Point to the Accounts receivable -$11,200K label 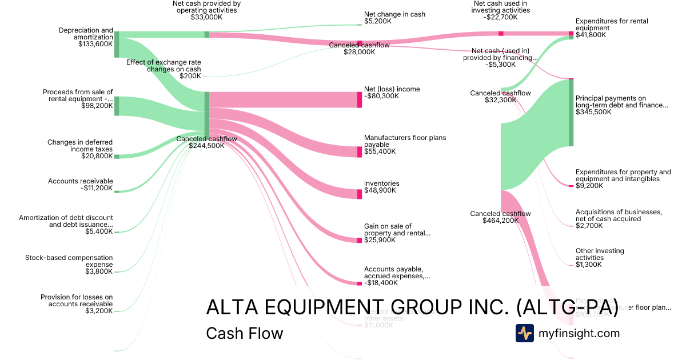tap(81, 185)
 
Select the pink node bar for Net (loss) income tap(360, 99)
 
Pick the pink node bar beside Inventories tap(360, 194)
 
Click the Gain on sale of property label tap(397, 230)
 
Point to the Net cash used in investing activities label tap(501, 10)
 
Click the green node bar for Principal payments tap(571, 113)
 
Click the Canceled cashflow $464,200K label tap(500, 217)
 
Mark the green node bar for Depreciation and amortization tap(117, 45)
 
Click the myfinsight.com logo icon tap(524, 333)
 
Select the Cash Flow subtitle tap(244, 333)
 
